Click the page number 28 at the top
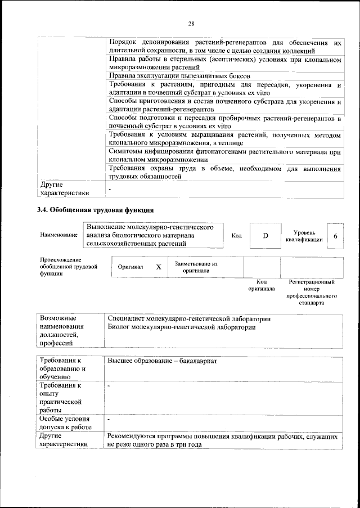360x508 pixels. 191,24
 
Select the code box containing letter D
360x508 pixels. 265,235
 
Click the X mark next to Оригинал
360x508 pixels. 159,267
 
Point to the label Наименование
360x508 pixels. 58,235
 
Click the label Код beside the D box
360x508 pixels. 237,235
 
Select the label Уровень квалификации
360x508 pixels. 304,236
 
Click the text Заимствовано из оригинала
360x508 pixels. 196,267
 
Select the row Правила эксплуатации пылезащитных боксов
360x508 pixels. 179,75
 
